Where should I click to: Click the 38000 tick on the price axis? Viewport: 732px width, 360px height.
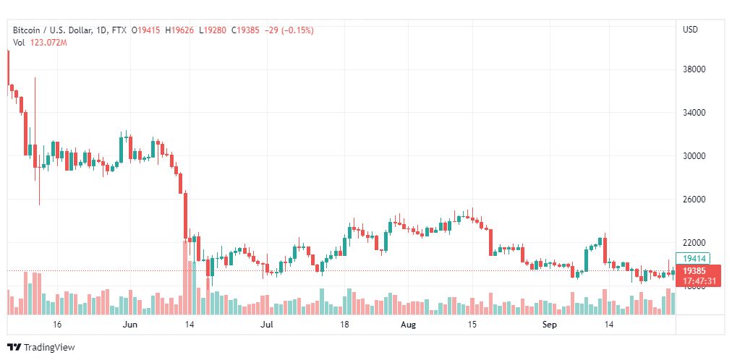[x=694, y=70]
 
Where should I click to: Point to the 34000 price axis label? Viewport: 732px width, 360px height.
[x=694, y=113]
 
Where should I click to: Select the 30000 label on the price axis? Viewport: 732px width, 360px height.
[x=694, y=156]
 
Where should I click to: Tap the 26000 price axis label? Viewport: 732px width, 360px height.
[x=694, y=200]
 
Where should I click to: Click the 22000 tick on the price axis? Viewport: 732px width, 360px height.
[x=694, y=243]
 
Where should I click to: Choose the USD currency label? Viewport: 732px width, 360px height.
[x=690, y=30]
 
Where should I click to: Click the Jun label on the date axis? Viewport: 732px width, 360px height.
[x=130, y=325]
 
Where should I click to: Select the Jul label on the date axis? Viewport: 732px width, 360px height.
[x=268, y=325]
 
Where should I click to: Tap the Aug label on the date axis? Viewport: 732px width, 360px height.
[x=409, y=325]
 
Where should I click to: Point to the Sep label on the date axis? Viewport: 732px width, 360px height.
[x=549, y=325]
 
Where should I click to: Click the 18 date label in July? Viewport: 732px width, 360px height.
[x=345, y=325]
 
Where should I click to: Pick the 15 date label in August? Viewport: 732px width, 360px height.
[x=472, y=325]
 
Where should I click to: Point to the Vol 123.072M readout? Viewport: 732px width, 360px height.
[x=40, y=43]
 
